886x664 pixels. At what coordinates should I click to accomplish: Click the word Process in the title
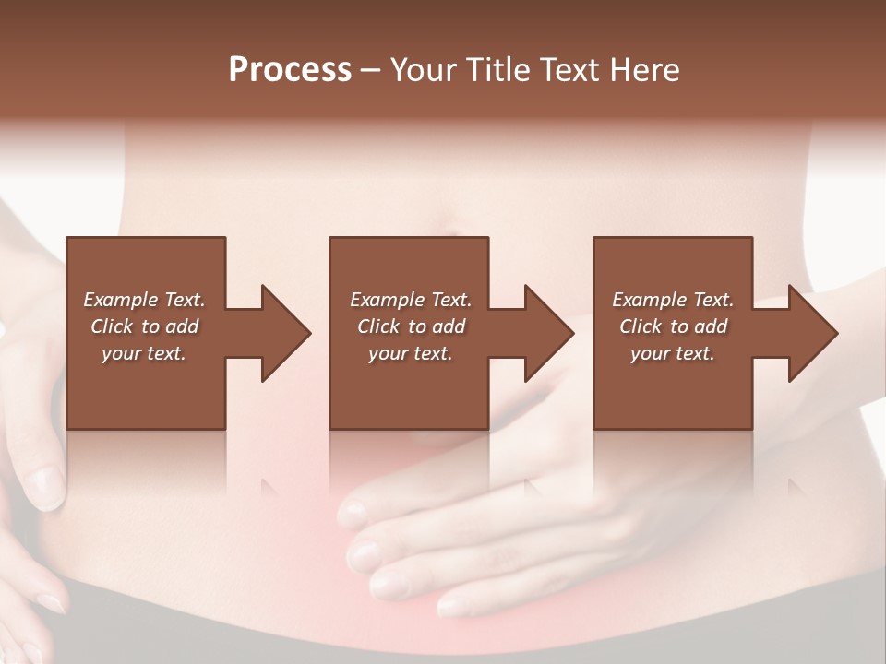pos(290,70)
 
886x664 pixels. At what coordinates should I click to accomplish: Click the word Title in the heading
pos(496,70)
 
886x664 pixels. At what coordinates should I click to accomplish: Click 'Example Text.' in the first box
pos(144,300)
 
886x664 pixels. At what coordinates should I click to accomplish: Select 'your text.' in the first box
pos(144,353)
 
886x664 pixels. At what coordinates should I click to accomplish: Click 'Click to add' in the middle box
pos(411,326)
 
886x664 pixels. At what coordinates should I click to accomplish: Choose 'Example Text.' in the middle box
pos(411,300)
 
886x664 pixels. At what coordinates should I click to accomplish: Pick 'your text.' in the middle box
pos(411,353)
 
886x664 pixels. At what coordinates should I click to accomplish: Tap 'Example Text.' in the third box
pos(673,300)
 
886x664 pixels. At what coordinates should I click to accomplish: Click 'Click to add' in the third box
pos(673,326)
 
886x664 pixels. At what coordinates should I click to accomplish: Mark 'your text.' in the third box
pos(673,353)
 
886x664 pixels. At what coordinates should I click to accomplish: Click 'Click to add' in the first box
pos(144,326)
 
